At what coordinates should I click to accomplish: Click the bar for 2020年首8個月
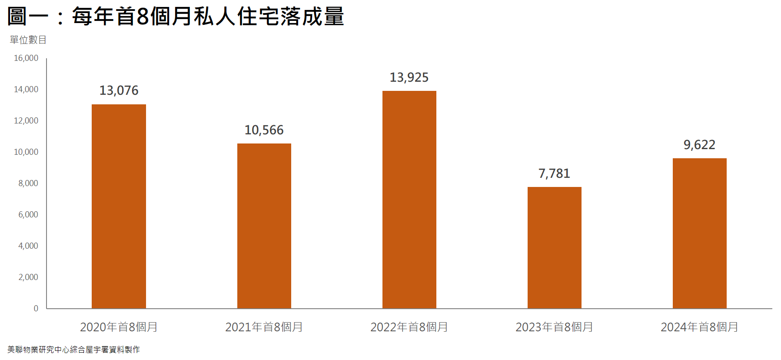point(119,207)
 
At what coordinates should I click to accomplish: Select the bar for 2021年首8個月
point(264,226)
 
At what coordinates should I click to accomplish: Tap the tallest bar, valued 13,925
point(409,200)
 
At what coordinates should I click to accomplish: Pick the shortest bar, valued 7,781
point(554,248)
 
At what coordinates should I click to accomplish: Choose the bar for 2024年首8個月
point(699,233)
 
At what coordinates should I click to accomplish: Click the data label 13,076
point(119,90)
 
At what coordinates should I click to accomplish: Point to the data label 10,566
point(264,130)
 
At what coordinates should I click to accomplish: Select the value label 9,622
point(699,145)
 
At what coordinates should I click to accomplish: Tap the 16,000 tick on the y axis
point(26,58)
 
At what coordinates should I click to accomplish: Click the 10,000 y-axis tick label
point(26,152)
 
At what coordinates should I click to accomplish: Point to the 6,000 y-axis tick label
point(28,215)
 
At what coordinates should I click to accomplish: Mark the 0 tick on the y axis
point(36,309)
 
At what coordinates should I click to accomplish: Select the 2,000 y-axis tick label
point(28,277)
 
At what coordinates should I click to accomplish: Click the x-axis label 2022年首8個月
point(409,327)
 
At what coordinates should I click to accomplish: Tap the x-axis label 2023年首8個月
point(554,327)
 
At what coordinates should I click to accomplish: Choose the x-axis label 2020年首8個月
point(119,327)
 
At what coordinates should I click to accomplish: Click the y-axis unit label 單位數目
point(28,40)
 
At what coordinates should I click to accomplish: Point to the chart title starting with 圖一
point(176,17)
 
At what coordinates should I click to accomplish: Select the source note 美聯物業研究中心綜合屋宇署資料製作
point(73,350)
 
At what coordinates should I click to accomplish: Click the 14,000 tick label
point(26,90)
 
